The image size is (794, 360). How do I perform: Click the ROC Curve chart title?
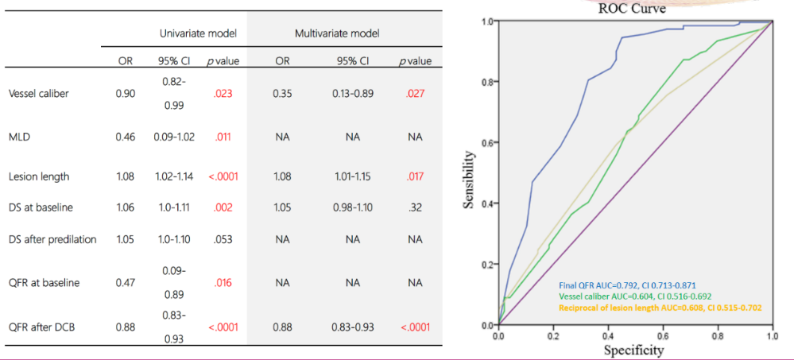(x=633, y=9)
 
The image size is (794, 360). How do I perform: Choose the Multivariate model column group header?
(x=337, y=33)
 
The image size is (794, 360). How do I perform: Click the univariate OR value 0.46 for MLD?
(x=126, y=137)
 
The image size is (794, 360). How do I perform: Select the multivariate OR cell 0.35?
(x=282, y=94)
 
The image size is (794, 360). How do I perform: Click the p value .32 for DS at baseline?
(x=415, y=207)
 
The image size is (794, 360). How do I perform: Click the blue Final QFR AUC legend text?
(x=628, y=285)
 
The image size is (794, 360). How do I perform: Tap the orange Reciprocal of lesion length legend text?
(x=660, y=307)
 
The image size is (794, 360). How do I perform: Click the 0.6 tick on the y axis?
(x=485, y=142)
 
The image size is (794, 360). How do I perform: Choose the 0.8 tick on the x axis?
(x=717, y=335)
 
